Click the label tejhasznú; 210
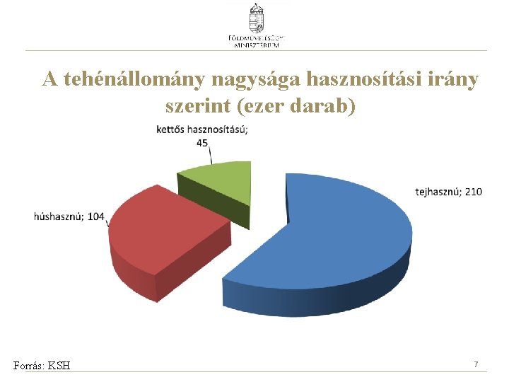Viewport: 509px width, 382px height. click(x=448, y=192)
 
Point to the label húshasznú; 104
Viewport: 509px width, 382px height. click(x=69, y=216)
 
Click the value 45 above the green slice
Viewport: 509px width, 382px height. click(x=202, y=142)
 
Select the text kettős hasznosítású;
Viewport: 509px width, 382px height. click(x=202, y=129)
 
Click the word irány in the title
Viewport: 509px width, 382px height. click(x=453, y=79)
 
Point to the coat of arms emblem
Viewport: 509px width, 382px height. click(x=256, y=16)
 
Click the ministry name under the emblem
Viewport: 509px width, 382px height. click(x=256, y=40)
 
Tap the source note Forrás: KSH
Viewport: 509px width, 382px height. click(x=42, y=365)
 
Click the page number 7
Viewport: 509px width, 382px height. click(x=476, y=364)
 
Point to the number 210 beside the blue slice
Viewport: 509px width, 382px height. click(x=473, y=192)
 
